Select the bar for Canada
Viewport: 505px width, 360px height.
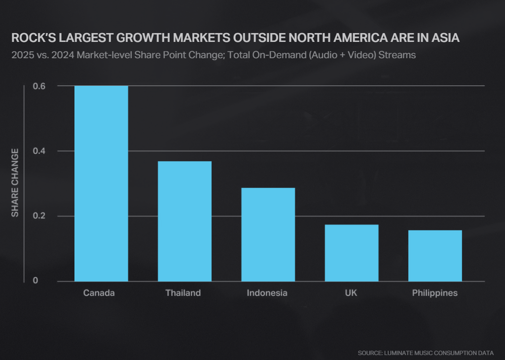101,183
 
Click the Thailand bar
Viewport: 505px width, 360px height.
184,221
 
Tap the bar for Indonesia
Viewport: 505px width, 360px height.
268,235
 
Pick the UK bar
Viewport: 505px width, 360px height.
351,253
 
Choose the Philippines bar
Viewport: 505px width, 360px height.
435,256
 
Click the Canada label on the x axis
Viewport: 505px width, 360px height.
99,293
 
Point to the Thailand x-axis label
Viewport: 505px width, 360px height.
183,293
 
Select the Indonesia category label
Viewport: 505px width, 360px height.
267,293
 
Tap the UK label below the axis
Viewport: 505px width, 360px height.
351,293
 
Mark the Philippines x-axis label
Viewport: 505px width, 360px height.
435,293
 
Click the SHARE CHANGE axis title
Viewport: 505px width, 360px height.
15,182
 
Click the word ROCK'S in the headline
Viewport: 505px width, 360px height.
32,38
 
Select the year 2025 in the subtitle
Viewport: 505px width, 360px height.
22,55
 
